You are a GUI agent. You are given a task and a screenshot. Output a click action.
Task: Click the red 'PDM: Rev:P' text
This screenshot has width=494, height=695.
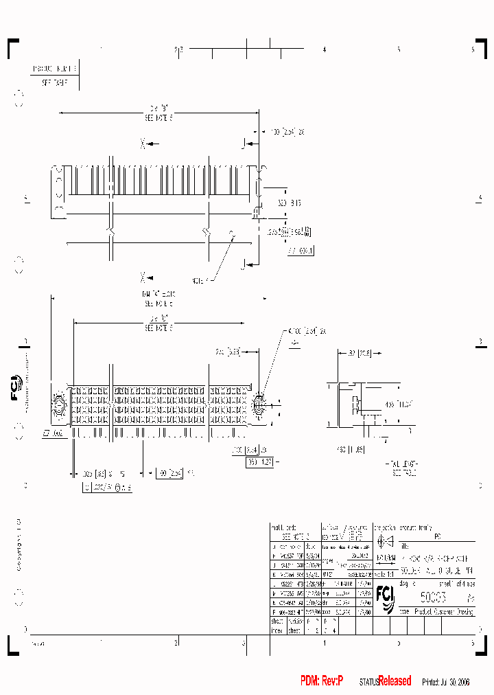pos(321,681)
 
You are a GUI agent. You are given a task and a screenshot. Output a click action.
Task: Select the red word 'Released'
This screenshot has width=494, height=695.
pos(395,681)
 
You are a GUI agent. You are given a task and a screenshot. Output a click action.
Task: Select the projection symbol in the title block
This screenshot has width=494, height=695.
pos(384,540)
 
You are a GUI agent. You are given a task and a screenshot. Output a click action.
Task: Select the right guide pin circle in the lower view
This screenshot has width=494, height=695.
pos(260,405)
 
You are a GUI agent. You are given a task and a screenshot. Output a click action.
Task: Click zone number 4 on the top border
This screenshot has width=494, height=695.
pos(324,49)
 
